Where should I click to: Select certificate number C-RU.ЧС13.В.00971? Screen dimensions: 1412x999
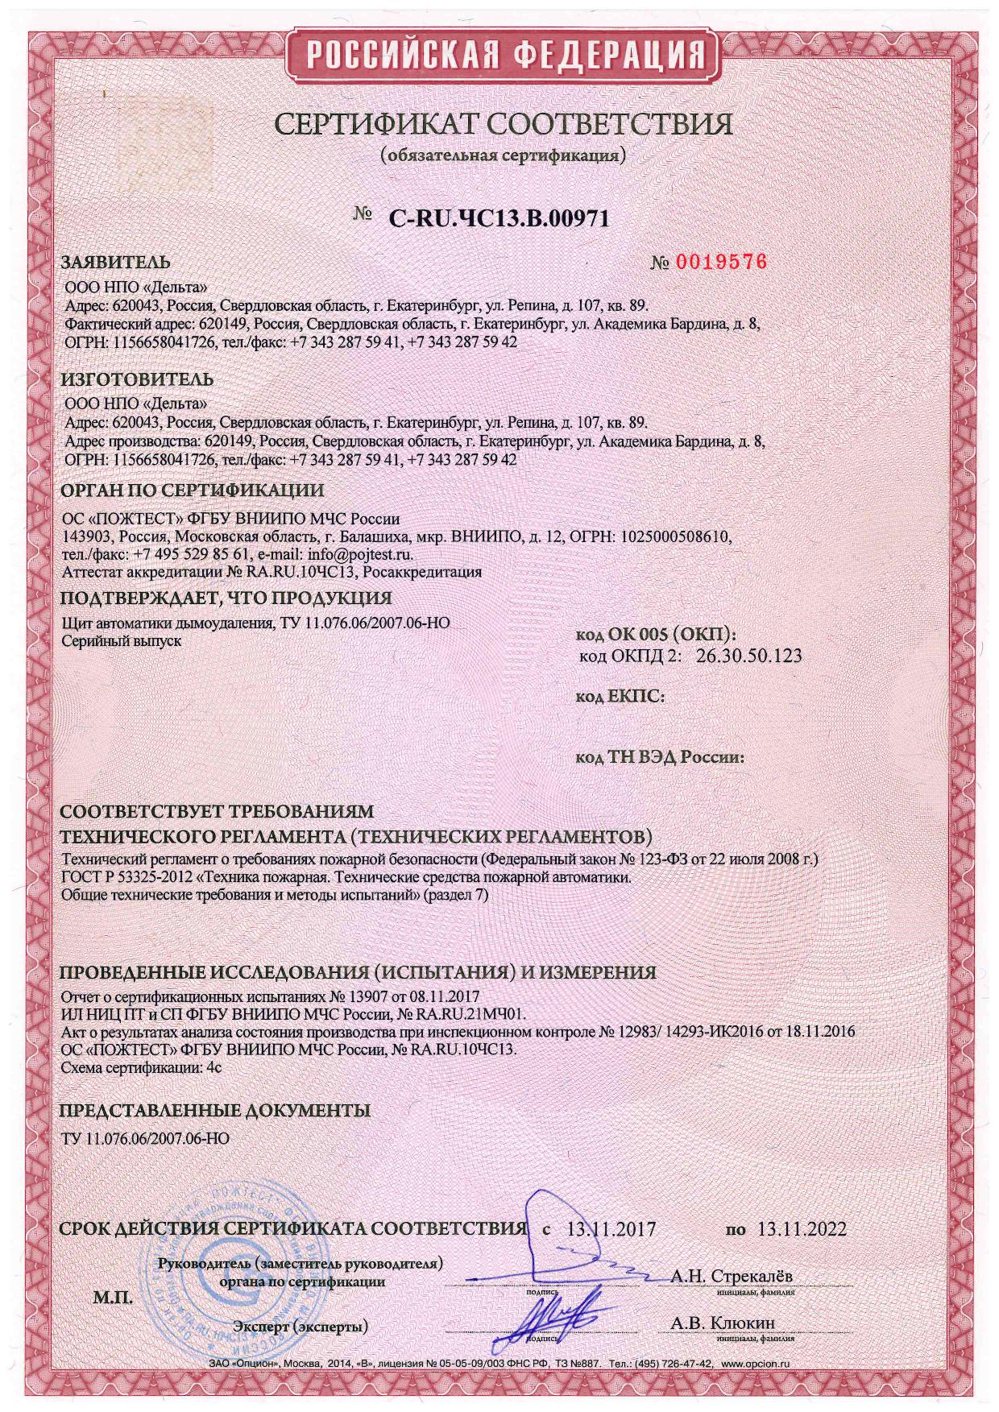point(499,217)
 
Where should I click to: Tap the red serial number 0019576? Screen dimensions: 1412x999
point(720,263)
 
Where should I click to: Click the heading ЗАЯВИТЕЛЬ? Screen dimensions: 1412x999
point(116,263)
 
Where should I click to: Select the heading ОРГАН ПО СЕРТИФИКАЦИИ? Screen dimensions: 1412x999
point(193,491)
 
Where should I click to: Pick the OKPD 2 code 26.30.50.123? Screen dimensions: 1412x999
point(749,656)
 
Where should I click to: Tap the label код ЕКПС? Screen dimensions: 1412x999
point(620,697)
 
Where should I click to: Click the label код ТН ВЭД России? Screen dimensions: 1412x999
point(659,758)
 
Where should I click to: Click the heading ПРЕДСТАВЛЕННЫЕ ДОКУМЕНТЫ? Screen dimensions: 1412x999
point(216,1111)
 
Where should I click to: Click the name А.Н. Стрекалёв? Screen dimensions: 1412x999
point(731,1276)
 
